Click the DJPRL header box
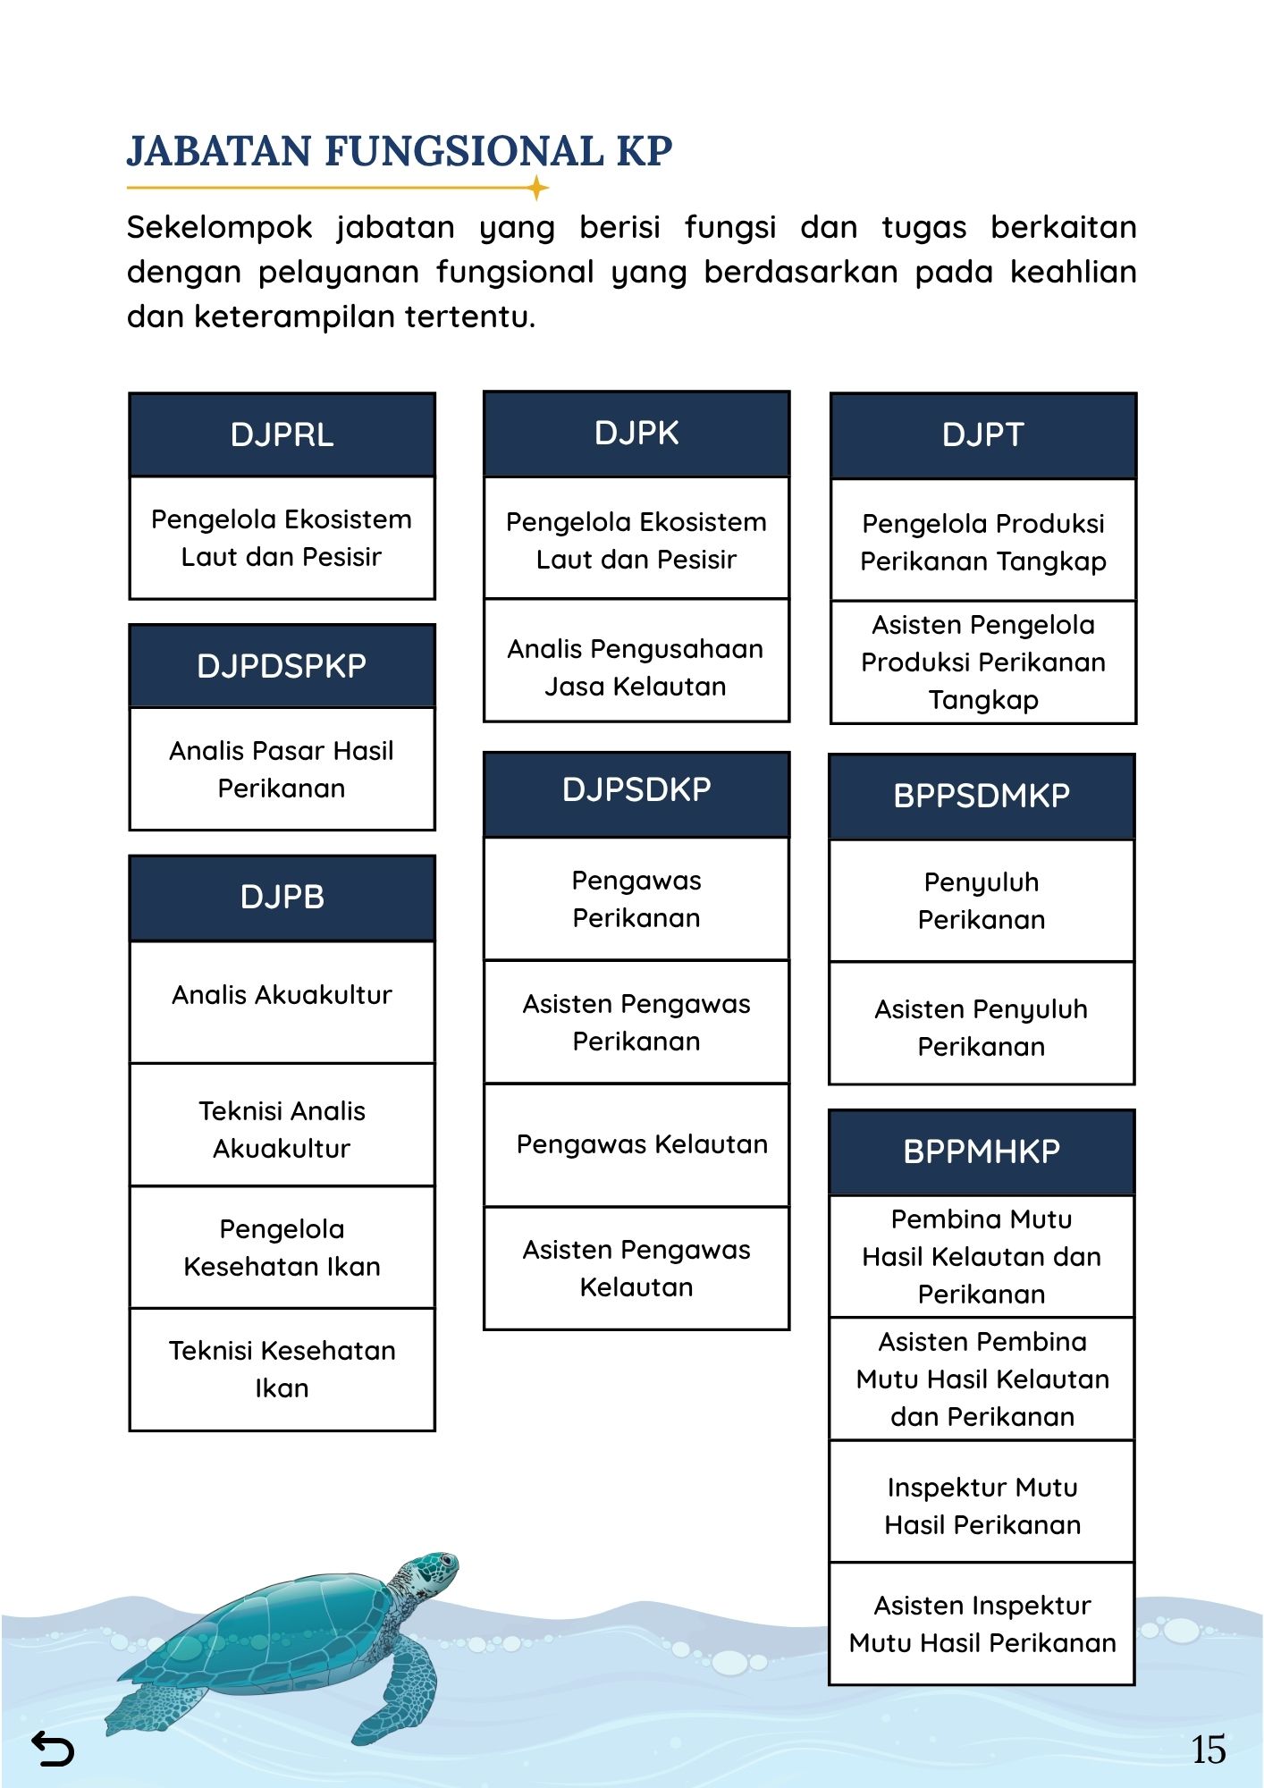pyautogui.click(x=282, y=434)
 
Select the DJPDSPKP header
pyautogui.click(x=282, y=666)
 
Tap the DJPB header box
pyautogui.click(x=282, y=897)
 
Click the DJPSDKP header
pyautogui.click(x=636, y=790)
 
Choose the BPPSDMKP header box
pyautogui.click(x=982, y=796)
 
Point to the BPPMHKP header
pyautogui.click(x=982, y=1151)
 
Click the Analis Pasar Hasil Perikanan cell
pyautogui.click(x=282, y=769)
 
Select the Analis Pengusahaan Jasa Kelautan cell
pyautogui.click(x=636, y=667)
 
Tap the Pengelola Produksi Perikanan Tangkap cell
pyautogui.click(x=983, y=542)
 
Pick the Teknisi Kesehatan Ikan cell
pyautogui.click(x=282, y=1369)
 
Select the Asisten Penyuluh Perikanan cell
pyautogui.click(x=982, y=1027)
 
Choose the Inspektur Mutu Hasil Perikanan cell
pyautogui.click(x=982, y=1505)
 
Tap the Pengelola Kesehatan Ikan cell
pyautogui.click(x=282, y=1247)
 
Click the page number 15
pyautogui.click(x=1208, y=1750)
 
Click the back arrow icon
pyautogui.click(x=53, y=1749)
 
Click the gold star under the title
pyautogui.click(x=537, y=188)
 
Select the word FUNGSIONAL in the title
pyautogui.click(x=464, y=151)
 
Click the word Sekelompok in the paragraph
pyautogui.click(x=219, y=227)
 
